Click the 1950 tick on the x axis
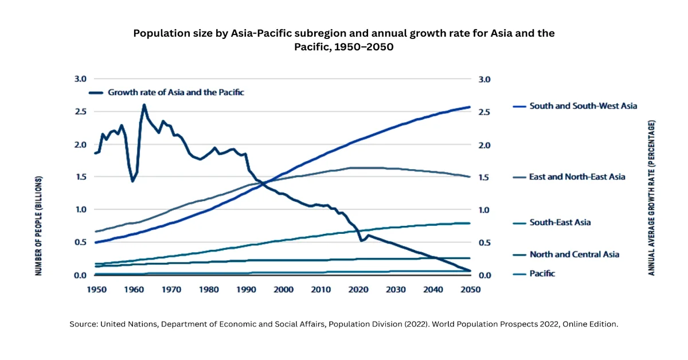[x=96, y=289]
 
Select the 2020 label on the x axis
[x=358, y=289]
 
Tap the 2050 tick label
[x=470, y=289]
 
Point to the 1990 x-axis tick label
[x=246, y=289]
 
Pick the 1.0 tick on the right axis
[x=485, y=210]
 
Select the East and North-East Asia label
[x=577, y=177]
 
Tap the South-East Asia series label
[x=560, y=222]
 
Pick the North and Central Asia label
[x=574, y=255]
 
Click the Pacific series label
[x=542, y=274]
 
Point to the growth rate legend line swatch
[x=96, y=92]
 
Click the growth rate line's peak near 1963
[x=144, y=105]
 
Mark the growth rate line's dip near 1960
[x=132, y=181]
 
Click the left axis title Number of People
[x=39, y=225]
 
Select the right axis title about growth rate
[x=651, y=198]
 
